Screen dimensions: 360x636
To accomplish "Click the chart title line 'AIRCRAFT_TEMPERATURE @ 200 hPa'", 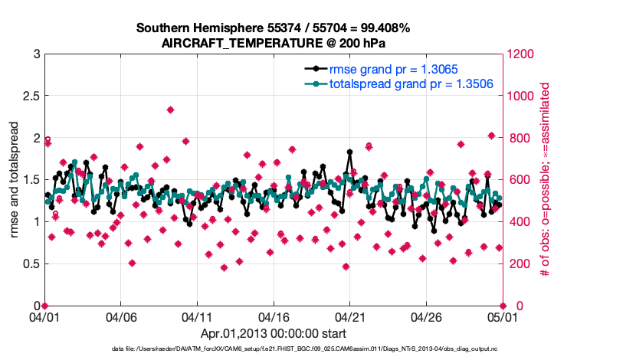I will [273, 43].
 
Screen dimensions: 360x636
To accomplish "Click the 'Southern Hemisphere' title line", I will [273, 28].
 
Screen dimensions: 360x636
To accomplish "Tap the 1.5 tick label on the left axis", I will [31, 180].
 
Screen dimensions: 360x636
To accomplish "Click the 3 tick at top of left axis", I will [36, 54].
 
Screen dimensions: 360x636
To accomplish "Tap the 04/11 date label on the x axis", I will [196, 316].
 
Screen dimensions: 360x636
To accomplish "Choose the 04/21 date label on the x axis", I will [349, 316].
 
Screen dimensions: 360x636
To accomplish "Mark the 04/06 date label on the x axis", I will [120, 316].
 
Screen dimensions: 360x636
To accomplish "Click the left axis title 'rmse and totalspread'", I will [15, 180].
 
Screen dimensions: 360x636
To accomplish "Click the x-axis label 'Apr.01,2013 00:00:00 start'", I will [273, 333].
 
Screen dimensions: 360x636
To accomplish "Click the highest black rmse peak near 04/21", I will [349, 152].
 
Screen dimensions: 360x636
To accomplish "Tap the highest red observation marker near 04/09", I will [170, 110].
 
